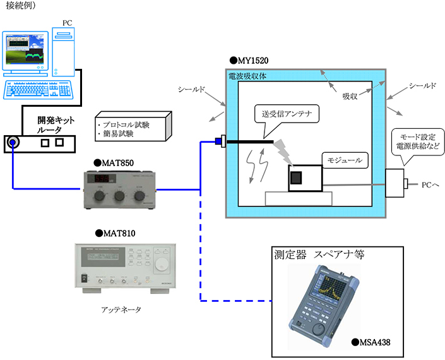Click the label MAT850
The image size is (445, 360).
tap(117, 162)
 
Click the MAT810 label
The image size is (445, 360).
tap(117, 233)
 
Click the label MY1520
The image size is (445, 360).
tap(250, 61)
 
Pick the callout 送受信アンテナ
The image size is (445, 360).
tap(286, 114)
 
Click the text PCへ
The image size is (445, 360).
tap(430, 184)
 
